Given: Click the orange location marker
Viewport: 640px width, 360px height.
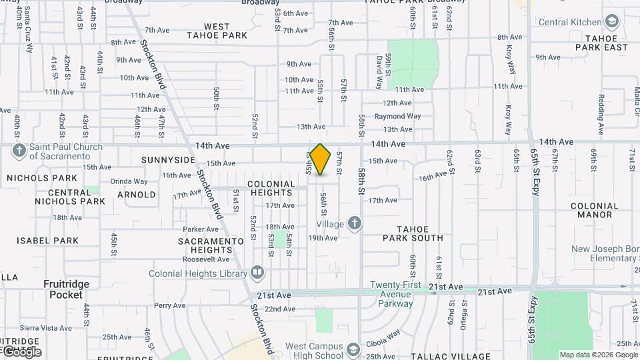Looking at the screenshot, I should (321, 159).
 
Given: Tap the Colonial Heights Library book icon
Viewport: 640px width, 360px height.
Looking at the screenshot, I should (257, 273).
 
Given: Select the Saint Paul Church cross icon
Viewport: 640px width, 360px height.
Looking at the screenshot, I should (19, 151).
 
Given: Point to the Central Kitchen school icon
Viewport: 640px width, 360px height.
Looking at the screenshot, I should (611, 22).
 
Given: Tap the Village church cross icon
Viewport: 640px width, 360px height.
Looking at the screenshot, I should (355, 223).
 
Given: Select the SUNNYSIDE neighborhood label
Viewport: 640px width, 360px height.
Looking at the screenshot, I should (168, 160).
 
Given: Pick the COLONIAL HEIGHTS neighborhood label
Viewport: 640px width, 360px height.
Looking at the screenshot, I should (271, 188).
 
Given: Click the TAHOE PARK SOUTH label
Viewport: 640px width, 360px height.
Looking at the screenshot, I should (413, 233).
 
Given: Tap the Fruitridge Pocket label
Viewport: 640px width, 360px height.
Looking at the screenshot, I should (66, 289).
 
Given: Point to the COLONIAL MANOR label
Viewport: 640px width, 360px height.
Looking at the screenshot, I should (595, 211).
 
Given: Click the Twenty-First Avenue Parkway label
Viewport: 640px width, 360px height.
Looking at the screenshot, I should (396, 294).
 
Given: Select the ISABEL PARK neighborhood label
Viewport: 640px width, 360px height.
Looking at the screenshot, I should (48, 241).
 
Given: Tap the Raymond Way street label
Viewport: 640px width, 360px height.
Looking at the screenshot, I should (397, 116).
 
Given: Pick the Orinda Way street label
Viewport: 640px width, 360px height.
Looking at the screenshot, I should (129, 181).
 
